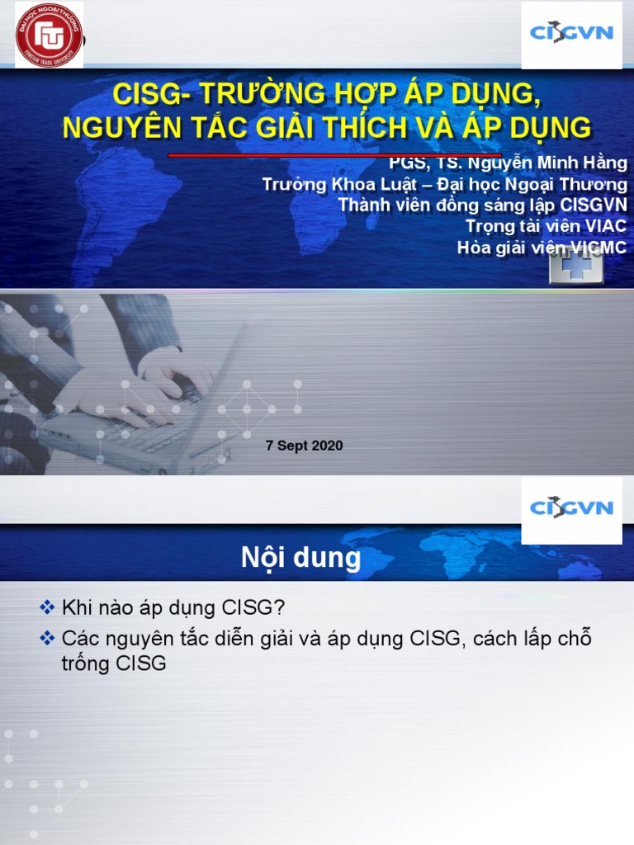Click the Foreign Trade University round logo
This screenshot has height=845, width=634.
point(49,35)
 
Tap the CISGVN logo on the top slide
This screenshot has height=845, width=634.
point(572,35)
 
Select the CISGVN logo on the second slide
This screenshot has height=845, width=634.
point(572,507)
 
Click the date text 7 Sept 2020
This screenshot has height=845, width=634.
point(304,446)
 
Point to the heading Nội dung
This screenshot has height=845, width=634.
point(301,559)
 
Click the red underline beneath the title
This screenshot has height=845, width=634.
point(334,154)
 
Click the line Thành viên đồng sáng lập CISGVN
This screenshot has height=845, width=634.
point(482,205)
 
